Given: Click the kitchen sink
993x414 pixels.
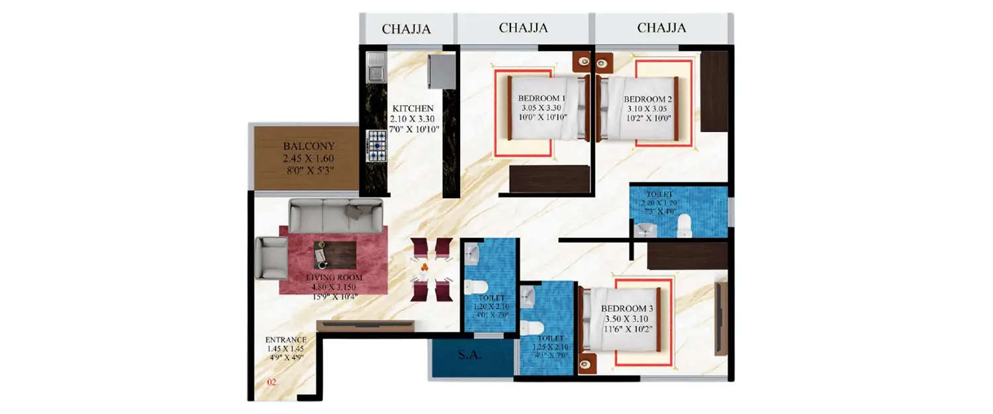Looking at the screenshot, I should click(x=375, y=67).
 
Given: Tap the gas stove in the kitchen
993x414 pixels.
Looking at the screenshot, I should click(x=377, y=145).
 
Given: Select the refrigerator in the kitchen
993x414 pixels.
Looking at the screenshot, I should click(x=440, y=71).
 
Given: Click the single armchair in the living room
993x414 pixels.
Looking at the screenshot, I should click(x=271, y=257).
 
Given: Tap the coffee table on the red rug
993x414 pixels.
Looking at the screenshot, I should click(x=334, y=254).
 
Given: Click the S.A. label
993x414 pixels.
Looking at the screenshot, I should click(x=471, y=355).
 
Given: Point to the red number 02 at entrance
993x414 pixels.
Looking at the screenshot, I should click(x=271, y=383).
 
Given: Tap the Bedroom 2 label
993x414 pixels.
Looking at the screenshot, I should click(x=648, y=99).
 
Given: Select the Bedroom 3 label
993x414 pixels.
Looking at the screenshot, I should click(x=627, y=309).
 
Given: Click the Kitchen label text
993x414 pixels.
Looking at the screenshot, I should click(x=413, y=109).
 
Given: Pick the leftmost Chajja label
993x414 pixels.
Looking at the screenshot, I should click(x=406, y=29).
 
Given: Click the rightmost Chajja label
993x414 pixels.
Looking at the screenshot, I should click(x=661, y=28).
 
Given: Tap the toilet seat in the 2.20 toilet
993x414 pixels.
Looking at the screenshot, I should click(x=684, y=226).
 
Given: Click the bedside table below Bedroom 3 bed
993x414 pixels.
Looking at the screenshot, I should click(x=586, y=364).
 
